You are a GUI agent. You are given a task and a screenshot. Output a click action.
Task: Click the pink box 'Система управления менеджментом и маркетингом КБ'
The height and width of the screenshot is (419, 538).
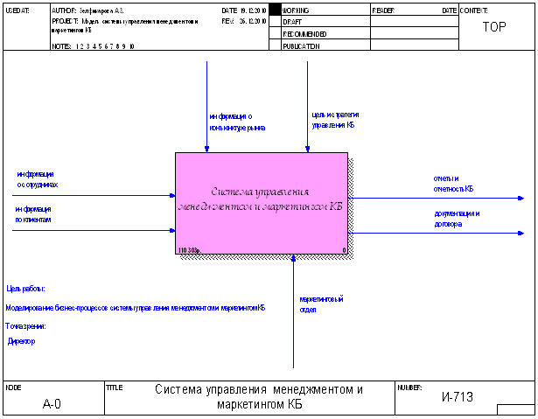[x=262, y=200]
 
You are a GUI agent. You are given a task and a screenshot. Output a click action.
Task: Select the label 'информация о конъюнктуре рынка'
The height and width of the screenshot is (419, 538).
[x=236, y=122]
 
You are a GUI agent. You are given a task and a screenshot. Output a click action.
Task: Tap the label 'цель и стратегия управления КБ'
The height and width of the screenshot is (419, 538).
[x=335, y=120]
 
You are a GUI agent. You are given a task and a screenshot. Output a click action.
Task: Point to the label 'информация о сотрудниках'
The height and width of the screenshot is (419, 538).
[x=37, y=180]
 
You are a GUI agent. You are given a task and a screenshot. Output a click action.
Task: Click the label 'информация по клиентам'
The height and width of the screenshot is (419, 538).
[x=33, y=214]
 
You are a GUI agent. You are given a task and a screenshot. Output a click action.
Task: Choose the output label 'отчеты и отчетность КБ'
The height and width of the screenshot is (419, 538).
[x=453, y=183]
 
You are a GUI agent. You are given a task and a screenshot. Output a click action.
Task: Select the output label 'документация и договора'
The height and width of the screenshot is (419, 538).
[x=457, y=219]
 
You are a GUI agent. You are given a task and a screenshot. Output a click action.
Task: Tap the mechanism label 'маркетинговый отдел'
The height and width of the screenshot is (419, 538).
[x=319, y=304]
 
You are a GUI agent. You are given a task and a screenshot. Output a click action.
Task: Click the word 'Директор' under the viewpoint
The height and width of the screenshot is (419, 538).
[x=22, y=342]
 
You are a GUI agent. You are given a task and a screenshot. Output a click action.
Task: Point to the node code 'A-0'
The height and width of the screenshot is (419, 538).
[x=52, y=404]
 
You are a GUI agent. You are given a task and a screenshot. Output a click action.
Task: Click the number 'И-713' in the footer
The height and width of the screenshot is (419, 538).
[x=457, y=398]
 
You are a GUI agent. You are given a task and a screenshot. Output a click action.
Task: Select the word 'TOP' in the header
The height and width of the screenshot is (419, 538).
[x=494, y=26]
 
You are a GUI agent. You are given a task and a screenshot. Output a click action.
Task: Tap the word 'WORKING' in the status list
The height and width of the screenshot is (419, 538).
[x=297, y=10]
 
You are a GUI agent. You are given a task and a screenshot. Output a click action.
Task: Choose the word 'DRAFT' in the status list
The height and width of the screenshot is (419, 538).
[x=292, y=21]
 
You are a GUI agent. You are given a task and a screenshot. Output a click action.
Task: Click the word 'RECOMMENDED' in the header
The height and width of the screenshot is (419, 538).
[x=304, y=33]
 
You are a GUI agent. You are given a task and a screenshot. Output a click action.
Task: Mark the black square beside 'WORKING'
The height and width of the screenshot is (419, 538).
[x=274, y=10]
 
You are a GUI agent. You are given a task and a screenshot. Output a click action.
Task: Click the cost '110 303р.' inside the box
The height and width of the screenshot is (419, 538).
[x=189, y=250]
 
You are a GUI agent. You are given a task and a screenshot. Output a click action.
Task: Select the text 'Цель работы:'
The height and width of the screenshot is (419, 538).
[x=26, y=289]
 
